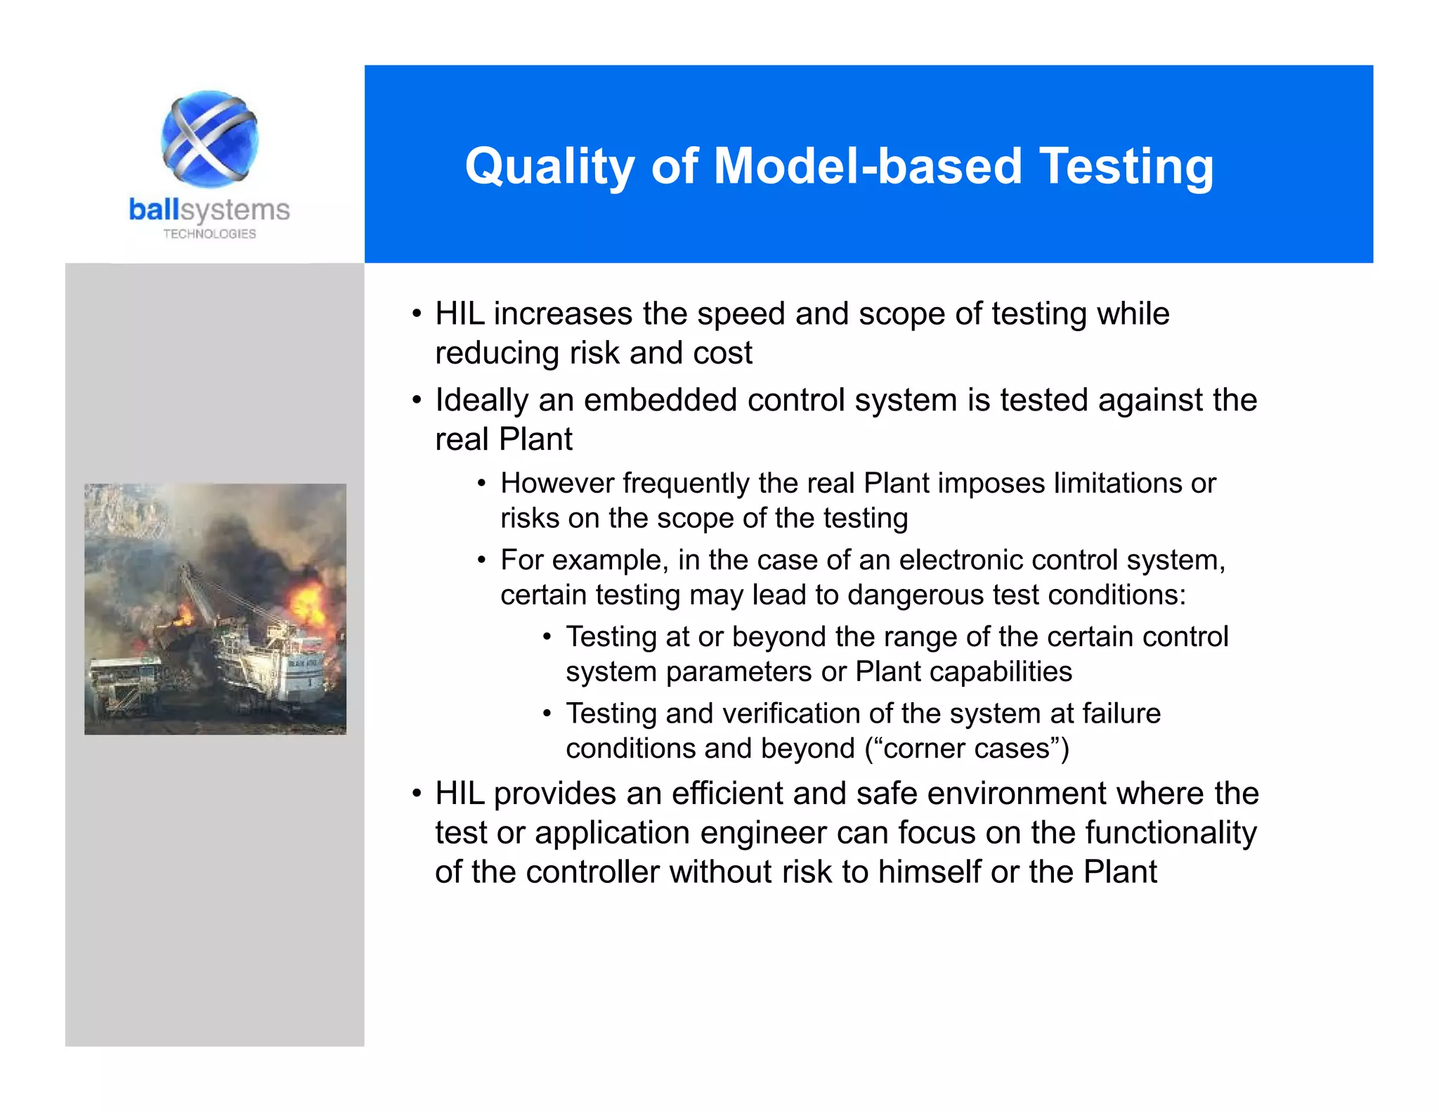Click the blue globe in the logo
(209, 138)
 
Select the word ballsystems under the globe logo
(209, 210)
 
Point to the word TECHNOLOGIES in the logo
(209, 234)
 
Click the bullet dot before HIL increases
(417, 314)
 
